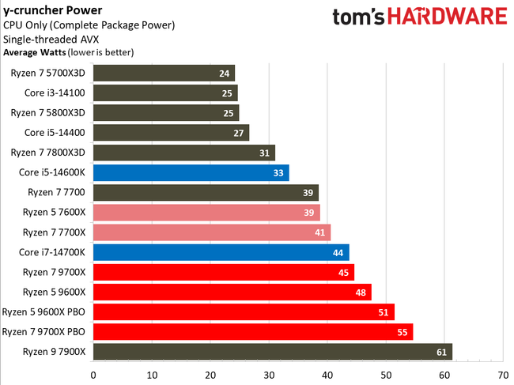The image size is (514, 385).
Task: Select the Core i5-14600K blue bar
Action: pos(191,172)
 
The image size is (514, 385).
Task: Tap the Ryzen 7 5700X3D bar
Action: pos(164,74)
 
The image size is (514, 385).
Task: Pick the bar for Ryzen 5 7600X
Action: pos(206,212)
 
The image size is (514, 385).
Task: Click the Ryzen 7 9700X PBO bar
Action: pos(253,331)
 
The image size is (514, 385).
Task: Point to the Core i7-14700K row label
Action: pos(52,252)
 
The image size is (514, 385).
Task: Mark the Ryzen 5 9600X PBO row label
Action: pos(44,311)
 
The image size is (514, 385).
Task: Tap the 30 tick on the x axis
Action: pos(269,375)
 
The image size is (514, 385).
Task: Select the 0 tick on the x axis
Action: pos(93,375)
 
